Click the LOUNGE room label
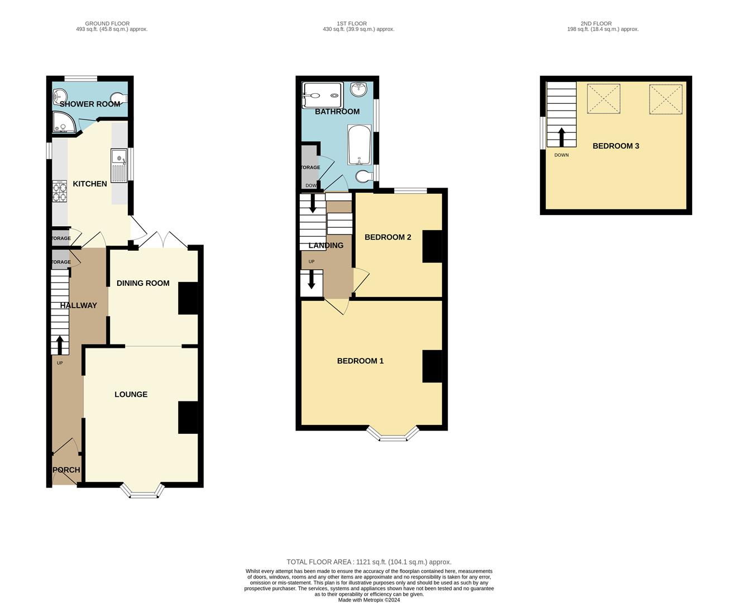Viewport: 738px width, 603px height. tap(131, 394)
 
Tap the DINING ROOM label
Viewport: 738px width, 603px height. tap(143, 283)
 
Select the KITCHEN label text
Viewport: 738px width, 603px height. tap(90, 184)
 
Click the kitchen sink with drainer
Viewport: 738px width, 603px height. tap(119, 165)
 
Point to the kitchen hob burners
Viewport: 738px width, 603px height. tap(60, 192)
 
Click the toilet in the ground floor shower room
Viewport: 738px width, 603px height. tap(119, 98)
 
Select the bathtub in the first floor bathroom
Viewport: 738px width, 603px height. tap(359, 145)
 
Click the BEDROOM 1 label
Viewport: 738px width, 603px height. tap(360, 361)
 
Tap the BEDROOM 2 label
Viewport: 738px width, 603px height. tap(387, 237)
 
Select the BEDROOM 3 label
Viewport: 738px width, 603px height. tap(616, 146)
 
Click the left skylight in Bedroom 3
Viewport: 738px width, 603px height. tap(603, 99)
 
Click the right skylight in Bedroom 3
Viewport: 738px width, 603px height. tap(665, 99)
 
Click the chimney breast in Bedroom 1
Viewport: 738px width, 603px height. tap(432, 366)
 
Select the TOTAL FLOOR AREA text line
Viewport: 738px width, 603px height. tap(369, 562)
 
